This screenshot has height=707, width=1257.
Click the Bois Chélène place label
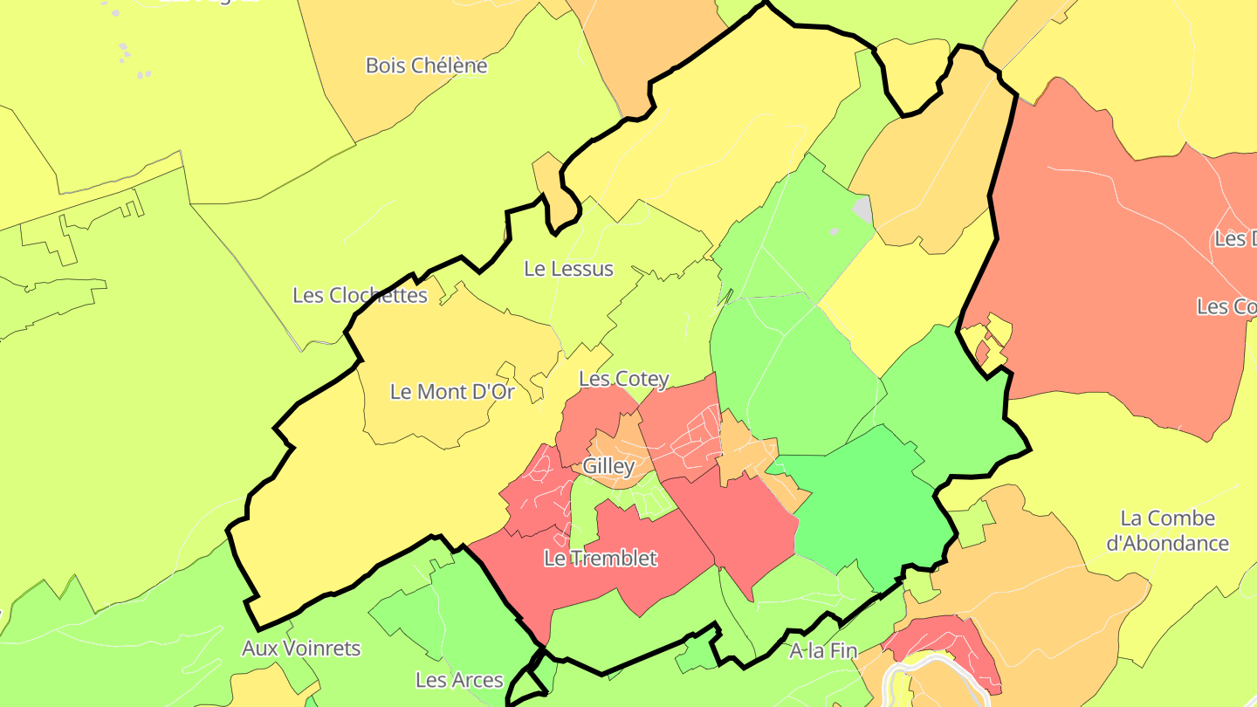(x=426, y=65)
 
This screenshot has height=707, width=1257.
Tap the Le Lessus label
(x=568, y=269)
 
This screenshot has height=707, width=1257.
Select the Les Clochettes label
(x=360, y=295)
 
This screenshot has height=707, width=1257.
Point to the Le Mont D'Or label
(x=452, y=392)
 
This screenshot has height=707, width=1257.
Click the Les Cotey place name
(x=624, y=379)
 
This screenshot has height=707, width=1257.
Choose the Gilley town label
(x=608, y=466)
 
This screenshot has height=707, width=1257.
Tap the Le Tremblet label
(x=600, y=558)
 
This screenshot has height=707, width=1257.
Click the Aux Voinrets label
(x=300, y=649)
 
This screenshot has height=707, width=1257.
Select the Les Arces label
(x=459, y=680)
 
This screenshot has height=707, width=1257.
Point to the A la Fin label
(x=823, y=651)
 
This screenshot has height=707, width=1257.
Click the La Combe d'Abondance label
(x=1167, y=531)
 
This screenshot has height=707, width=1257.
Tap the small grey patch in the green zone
(x=862, y=209)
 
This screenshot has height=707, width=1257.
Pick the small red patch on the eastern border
(x=984, y=352)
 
